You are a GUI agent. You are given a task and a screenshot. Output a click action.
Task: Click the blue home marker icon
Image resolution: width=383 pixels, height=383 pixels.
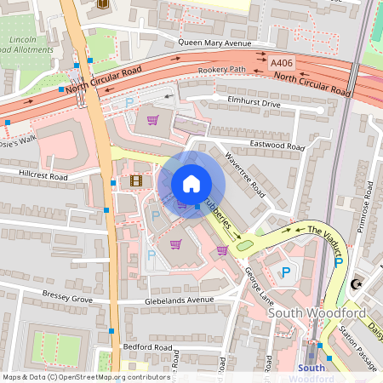tap(191, 184)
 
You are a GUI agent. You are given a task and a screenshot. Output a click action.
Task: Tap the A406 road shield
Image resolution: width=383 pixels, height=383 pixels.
tap(280, 63)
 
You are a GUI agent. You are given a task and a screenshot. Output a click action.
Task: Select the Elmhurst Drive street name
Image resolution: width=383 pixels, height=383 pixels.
tap(254, 104)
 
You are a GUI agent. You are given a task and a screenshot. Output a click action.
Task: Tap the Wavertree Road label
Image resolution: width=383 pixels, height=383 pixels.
tap(245, 174)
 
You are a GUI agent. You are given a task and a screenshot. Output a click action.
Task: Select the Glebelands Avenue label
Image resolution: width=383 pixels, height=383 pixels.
tap(180, 300)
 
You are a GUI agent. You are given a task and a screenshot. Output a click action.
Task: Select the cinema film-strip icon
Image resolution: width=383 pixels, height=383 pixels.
tap(136, 180)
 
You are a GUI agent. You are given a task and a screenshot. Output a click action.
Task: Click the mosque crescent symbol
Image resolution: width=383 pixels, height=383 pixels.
tap(358, 285)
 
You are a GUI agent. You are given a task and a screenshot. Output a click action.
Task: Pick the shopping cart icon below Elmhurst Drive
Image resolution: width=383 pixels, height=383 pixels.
tap(153, 119)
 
